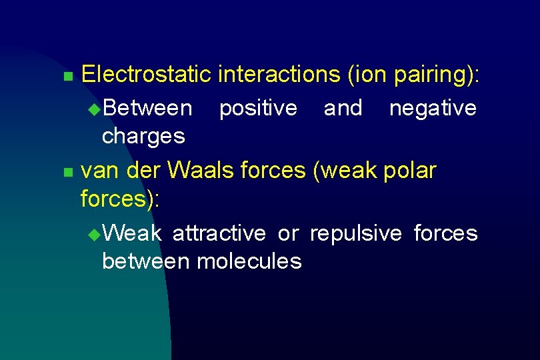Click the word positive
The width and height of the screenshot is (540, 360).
(x=258, y=108)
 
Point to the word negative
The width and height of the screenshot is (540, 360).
(x=433, y=108)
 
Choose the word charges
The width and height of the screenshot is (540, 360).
(x=143, y=136)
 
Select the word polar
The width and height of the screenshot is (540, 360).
(x=410, y=171)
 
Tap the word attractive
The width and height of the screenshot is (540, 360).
(x=219, y=233)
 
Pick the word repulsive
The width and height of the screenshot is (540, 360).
(x=356, y=233)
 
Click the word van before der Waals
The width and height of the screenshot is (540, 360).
(x=100, y=171)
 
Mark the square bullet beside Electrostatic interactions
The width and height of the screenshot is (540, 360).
(x=67, y=77)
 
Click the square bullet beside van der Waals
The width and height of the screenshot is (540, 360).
(x=67, y=173)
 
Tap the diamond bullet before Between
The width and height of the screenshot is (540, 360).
(x=93, y=109)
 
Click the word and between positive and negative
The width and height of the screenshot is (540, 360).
(x=343, y=108)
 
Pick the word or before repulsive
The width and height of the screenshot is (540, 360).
(x=288, y=234)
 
